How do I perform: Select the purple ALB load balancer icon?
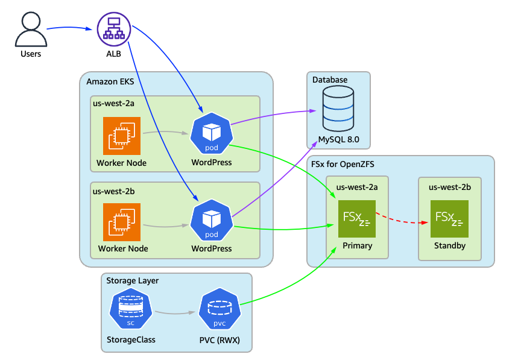(x=114, y=29)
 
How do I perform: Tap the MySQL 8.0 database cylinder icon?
(x=338, y=109)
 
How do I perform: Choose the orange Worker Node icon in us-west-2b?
(x=122, y=222)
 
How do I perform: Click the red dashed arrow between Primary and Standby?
(x=403, y=219)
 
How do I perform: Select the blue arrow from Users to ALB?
(x=71, y=27)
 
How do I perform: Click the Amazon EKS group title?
(x=110, y=81)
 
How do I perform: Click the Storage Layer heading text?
(x=132, y=281)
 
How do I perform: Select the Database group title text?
(x=330, y=80)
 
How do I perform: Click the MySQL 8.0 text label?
(x=338, y=139)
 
